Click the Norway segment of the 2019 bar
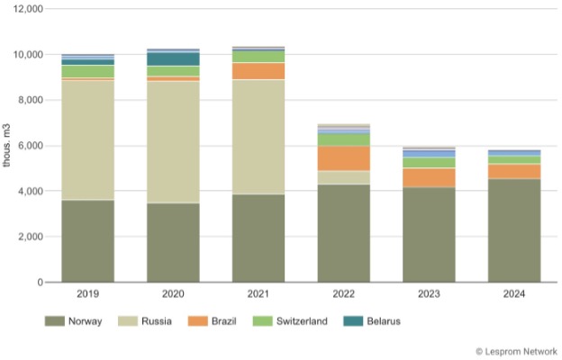(87, 241)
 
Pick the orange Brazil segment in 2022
(344, 158)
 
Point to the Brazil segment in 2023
(430, 177)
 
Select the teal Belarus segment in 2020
(173, 59)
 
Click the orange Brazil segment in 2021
(258, 71)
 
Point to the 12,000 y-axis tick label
(28, 9)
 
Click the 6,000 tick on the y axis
(31, 146)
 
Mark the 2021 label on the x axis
(258, 294)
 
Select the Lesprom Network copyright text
(514, 351)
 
